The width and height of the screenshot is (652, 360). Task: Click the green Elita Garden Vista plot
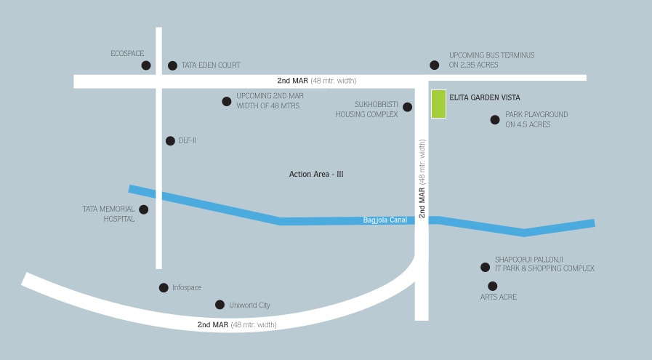coord(438,103)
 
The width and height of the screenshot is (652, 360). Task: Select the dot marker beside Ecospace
coord(146,65)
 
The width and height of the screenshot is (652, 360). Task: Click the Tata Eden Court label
coord(210,65)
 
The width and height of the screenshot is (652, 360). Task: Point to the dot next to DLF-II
coord(170,141)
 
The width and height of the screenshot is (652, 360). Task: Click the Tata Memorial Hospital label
coord(108,214)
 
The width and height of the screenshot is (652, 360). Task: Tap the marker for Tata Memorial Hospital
coord(143,209)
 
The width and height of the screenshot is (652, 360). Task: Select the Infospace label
coord(187,288)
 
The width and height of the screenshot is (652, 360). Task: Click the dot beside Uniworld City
coord(220,305)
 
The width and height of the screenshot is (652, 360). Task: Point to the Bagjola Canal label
coord(385,220)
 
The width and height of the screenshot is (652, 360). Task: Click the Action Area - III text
coord(316,175)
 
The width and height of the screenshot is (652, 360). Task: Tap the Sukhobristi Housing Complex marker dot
coord(407,107)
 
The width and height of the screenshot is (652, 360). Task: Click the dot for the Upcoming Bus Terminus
coord(435,65)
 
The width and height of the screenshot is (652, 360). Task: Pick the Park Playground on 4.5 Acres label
coord(536,119)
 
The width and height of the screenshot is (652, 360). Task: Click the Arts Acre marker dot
coord(493,286)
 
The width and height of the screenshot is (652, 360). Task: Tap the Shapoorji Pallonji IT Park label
coord(544,264)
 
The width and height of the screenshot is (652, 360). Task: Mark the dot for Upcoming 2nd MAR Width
coord(227,101)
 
